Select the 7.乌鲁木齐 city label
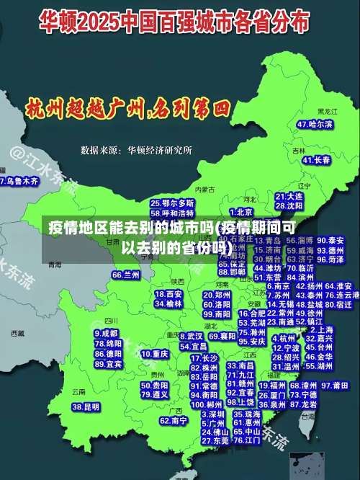coord(19,180)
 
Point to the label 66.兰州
coord(126,275)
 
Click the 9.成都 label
coord(106,334)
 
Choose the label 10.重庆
coord(155,354)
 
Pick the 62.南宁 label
coord(174,420)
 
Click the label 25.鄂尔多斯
coord(172,203)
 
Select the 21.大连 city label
coord(289,196)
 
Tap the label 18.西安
coord(168,294)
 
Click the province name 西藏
coord(18,333)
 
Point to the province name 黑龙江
coord(328,112)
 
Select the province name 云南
coord(78,391)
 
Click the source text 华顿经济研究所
coord(159,151)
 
